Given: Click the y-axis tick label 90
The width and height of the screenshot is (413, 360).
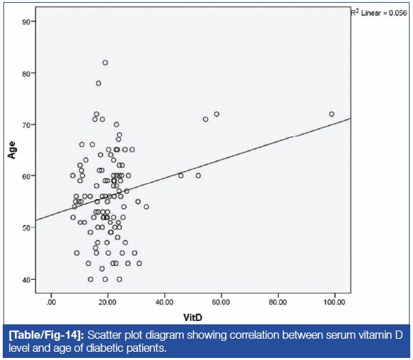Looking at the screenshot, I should click(25, 22).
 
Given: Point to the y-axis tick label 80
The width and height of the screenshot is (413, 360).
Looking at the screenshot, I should click(25, 73).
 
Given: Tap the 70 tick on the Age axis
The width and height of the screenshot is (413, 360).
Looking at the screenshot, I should click(25, 125).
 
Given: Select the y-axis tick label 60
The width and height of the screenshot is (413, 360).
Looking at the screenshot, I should click(25, 176).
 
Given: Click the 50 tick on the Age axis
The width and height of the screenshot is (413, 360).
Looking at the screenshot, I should click(25, 228).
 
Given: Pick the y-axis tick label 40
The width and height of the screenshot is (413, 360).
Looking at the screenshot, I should click(25, 279).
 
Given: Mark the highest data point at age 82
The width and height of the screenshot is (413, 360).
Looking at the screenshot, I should click(105, 62).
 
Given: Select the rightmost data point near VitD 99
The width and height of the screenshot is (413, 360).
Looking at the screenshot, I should click(332, 114).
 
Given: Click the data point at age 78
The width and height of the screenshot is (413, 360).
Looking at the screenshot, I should click(98, 83).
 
